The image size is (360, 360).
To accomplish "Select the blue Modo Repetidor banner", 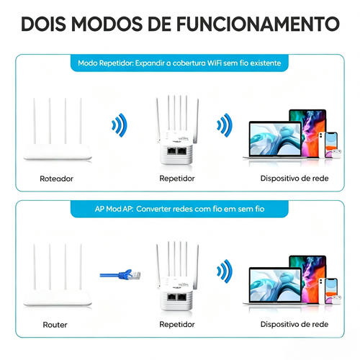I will pyautogui.click(x=179, y=63).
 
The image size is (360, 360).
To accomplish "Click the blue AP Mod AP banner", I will pyautogui.click(x=179, y=209).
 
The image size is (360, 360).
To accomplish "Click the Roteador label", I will pyautogui.click(x=57, y=178).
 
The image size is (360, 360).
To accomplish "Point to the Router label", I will pyautogui.click(x=55, y=325).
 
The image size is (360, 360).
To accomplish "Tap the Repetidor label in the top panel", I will pyautogui.click(x=177, y=178).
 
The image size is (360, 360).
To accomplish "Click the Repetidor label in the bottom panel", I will pyautogui.click(x=177, y=325).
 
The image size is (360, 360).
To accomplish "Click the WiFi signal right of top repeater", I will pyautogui.click(x=225, y=126).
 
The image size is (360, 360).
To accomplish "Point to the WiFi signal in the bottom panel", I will pyautogui.click(x=225, y=274).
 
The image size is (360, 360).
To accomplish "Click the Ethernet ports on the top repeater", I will pyautogui.click(x=177, y=152).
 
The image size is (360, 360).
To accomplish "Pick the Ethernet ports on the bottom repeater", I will pyautogui.click(x=177, y=298).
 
